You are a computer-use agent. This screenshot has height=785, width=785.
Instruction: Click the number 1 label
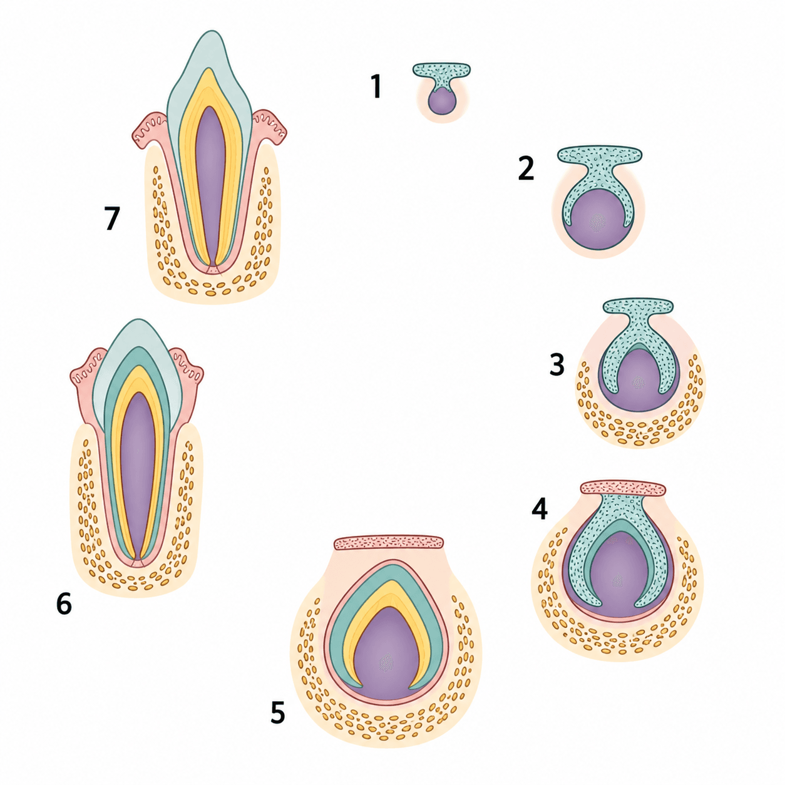(377, 86)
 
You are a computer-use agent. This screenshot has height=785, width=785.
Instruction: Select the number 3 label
(557, 364)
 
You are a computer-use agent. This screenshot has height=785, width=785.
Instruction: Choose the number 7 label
(111, 218)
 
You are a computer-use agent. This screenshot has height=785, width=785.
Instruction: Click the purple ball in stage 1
(442, 103)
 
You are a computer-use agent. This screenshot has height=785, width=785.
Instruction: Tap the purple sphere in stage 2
(598, 220)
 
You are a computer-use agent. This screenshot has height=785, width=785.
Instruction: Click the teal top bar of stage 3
(638, 306)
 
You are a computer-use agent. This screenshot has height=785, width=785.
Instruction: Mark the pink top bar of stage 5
(388, 543)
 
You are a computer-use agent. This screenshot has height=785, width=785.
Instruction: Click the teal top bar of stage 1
(441, 69)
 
